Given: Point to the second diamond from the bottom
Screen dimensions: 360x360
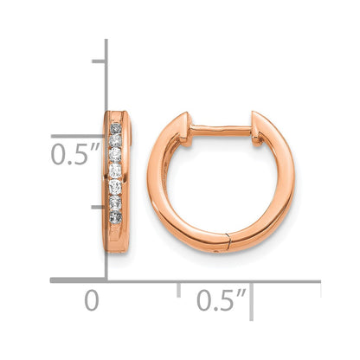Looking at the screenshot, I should click(115, 200).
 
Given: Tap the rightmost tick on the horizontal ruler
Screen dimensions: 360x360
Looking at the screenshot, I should click(320, 286).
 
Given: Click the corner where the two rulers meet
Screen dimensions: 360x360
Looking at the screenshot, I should click(106, 280).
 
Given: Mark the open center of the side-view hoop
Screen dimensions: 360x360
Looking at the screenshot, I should click(221, 183).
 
